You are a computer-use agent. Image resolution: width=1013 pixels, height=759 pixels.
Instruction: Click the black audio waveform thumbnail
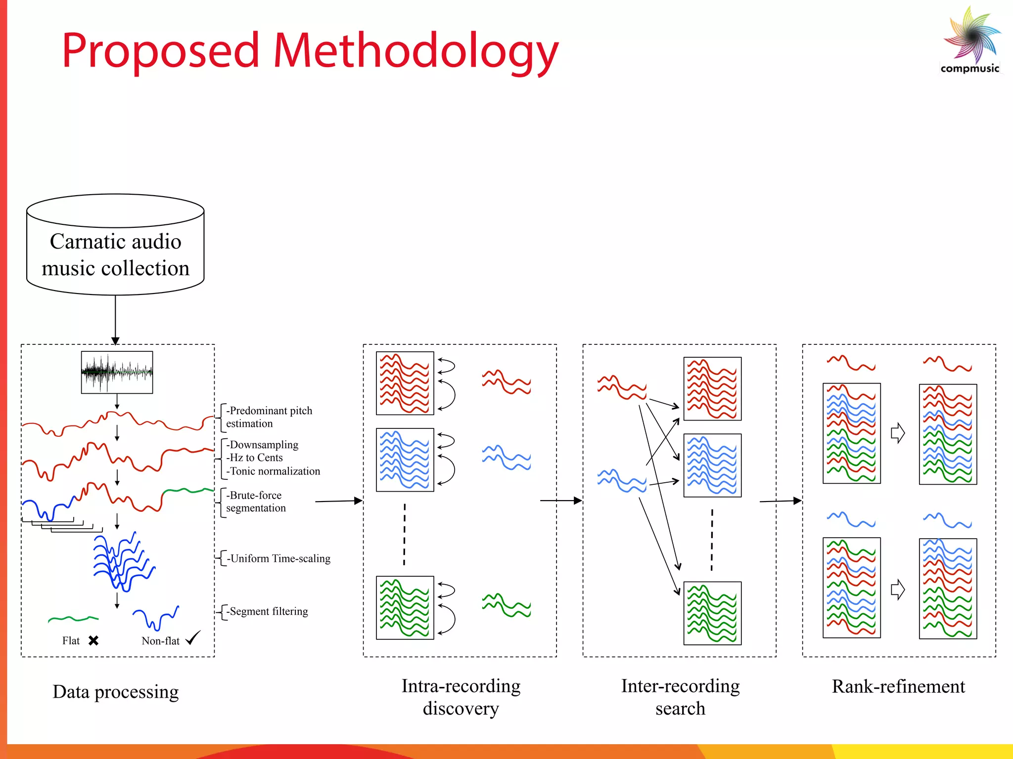click(x=117, y=372)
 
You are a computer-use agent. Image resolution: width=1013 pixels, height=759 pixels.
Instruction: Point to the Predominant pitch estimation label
click(x=269, y=417)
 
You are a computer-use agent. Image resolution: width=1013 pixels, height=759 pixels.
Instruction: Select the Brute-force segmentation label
click(x=255, y=502)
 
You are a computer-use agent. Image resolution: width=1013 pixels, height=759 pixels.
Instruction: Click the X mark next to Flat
click(x=93, y=641)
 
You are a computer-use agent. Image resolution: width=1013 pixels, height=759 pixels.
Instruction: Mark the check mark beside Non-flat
click(x=193, y=638)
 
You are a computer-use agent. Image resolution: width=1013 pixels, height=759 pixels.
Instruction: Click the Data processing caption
click(x=116, y=692)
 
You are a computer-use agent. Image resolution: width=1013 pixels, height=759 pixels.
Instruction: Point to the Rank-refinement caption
click(x=898, y=687)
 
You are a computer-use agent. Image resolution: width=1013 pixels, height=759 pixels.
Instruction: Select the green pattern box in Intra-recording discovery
click(x=405, y=608)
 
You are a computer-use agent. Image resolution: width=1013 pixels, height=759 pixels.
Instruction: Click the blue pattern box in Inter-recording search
click(x=712, y=465)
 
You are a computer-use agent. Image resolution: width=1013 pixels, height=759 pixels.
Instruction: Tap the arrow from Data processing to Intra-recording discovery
click(x=339, y=501)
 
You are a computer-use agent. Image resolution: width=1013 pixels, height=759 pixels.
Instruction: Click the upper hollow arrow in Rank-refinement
click(x=897, y=433)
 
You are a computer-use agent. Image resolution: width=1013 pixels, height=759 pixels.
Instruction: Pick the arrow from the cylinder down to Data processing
click(x=115, y=319)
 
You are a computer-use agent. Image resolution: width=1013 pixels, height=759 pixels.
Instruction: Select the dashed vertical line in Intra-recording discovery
click(x=404, y=534)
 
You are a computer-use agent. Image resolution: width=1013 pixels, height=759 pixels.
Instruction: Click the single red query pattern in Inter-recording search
click(x=622, y=387)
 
